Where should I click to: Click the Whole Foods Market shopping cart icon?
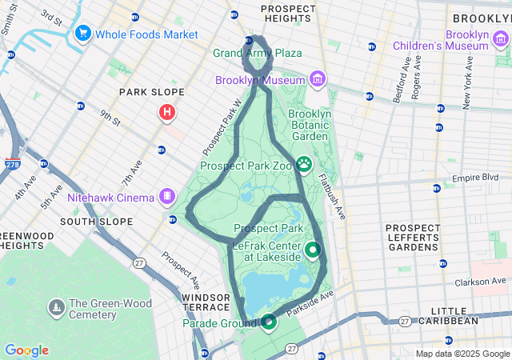pyautogui.click(x=83, y=34)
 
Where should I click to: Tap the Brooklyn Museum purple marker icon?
pyautogui.click(x=318, y=79)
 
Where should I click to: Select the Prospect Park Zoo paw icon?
pyautogui.click(x=304, y=165)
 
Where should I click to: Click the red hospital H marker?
pyautogui.click(x=167, y=113)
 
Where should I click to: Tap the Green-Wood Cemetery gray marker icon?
pyautogui.click(x=56, y=307)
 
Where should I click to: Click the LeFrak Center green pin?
pyautogui.click(x=312, y=250)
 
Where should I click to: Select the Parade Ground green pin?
pyautogui.click(x=268, y=322)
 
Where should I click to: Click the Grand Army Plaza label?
pyautogui.click(x=257, y=53)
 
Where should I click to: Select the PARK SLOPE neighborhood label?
pyautogui.click(x=152, y=93)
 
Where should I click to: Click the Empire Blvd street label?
pyautogui.click(x=476, y=178)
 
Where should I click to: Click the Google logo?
pyautogui.click(x=26, y=350)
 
